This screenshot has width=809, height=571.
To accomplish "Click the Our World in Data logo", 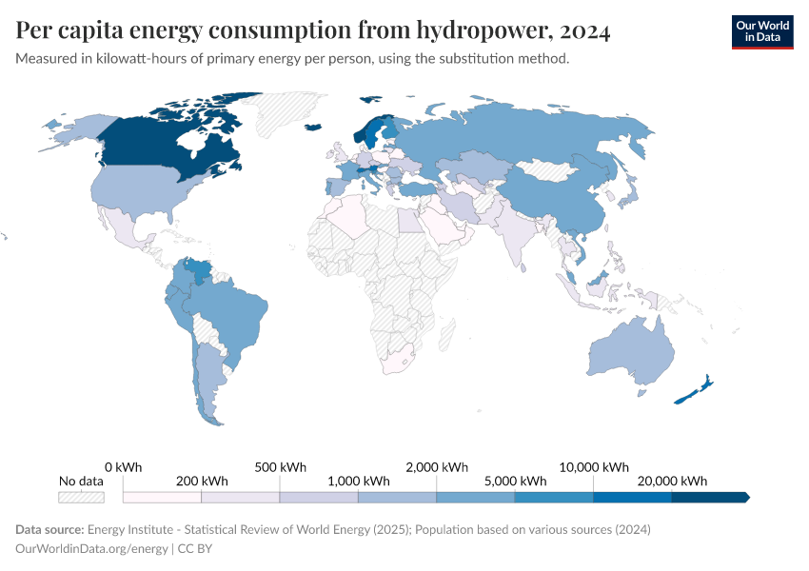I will (x=761, y=30).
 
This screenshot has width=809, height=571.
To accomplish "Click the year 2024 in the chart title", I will (x=585, y=30).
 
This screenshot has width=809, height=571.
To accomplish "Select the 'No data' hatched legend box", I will (x=81, y=497).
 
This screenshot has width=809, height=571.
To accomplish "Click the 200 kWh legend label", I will (x=202, y=481).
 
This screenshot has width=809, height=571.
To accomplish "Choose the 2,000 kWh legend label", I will (x=437, y=467).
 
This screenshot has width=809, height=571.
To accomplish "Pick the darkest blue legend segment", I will (x=710, y=497).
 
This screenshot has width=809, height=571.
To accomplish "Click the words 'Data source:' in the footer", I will (x=49, y=529).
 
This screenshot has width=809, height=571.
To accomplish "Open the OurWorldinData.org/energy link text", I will (x=92, y=549).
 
